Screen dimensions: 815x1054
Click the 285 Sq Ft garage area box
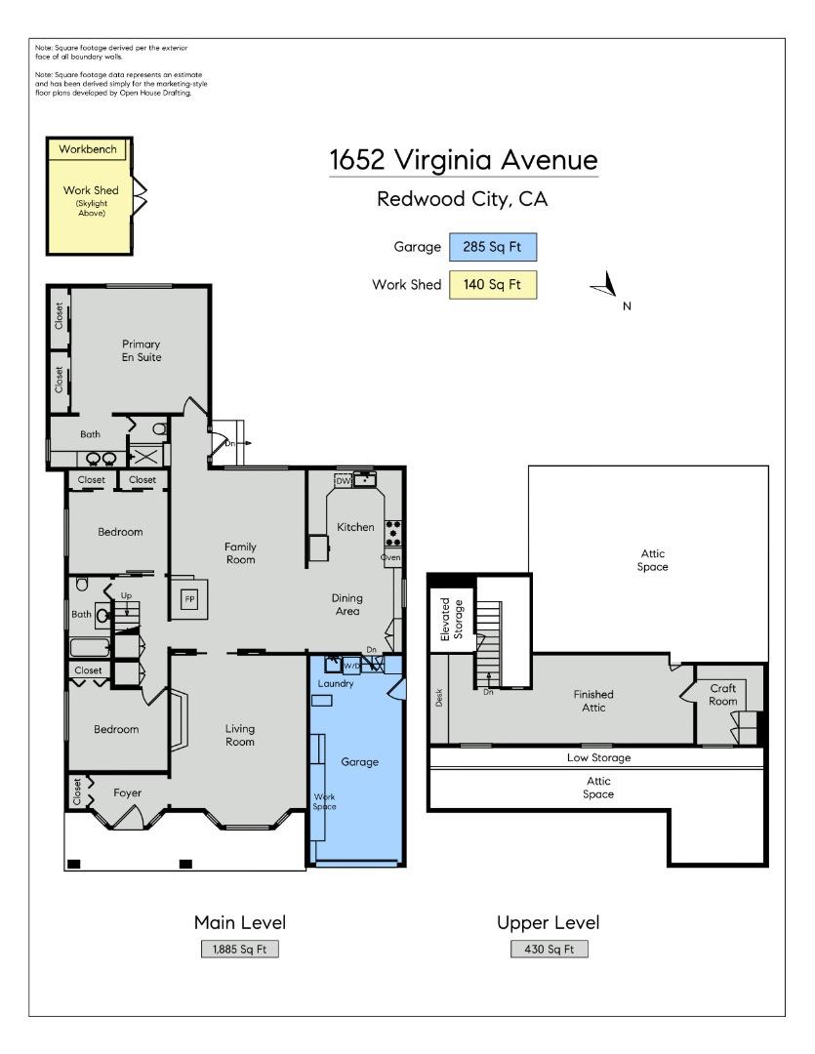click(x=492, y=247)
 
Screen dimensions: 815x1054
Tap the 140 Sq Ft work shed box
click(x=492, y=284)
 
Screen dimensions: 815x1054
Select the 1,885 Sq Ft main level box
click(x=239, y=950)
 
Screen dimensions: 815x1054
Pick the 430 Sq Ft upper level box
click(x=549, y=950)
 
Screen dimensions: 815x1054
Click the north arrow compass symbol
click(x=606, y=285)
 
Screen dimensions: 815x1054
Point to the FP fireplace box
click(x=190, y=599)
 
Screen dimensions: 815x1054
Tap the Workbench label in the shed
click(x=88, y=149)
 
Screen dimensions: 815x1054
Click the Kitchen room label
click(x=355, y=527)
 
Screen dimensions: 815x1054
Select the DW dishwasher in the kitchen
click(x=343, y=480)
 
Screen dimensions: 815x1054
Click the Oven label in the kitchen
click(x=390, y=557)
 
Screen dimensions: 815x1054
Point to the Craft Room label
click(x=723, y=695)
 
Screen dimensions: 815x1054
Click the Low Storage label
click(x=598, y=757)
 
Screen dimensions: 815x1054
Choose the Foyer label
click(x=127, y=793)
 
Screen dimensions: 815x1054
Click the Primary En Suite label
click(x=142, y=350)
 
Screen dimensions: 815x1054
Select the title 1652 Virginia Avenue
click(x=464, y=160)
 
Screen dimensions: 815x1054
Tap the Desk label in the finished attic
click(x=439, y=698)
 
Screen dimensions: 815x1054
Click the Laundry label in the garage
click(x=336, y=683)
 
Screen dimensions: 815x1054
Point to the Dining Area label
click(x=346, y=604)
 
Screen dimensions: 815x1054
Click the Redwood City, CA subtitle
click(x=462, y=199)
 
